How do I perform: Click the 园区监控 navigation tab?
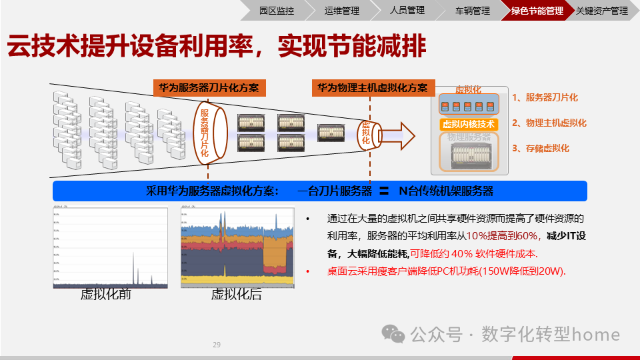pos(276,11)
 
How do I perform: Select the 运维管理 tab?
pos(341,11)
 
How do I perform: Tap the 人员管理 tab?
pos(407,11)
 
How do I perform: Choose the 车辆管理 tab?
pos(472,11)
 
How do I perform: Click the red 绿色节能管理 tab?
pos(537,11)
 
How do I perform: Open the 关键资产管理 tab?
pos(601,11)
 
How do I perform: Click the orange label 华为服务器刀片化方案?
pos(209,88)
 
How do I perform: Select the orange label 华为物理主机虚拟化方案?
pos(373,88)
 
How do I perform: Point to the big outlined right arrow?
pos(399,133)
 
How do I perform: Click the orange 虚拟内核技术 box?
pos(469,124)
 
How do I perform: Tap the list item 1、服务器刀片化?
pos(545,98)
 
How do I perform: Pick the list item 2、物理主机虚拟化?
pos(549,123)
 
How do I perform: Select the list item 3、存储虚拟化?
pos(541,148)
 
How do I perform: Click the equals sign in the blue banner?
pos(384,191)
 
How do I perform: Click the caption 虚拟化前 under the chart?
pos(106,294)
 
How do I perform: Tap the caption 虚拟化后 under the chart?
pos(236,294)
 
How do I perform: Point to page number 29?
pos(216,345)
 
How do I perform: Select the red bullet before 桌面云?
pos(307,271)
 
